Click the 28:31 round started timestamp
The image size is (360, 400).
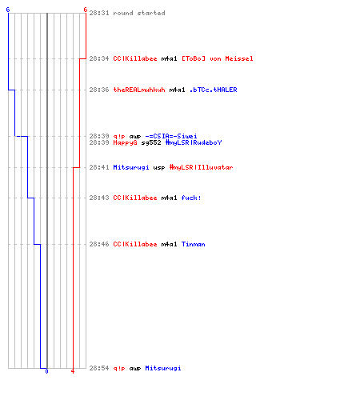pyautogui.click(x=99, y=13)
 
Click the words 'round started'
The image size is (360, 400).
pyautogui.click(x=139, y=13)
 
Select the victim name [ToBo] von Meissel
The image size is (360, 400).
pyautogui.click(x=218, y=58)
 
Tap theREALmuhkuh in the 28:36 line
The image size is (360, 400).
pyautogui.click(x=139, y=90)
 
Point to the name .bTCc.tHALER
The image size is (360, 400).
pyautogui.click(x=213, y=90)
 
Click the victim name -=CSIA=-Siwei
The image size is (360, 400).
pyautogui.click(x=171, y=136)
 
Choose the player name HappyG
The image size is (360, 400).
pyautogui.click(x=125, y=142)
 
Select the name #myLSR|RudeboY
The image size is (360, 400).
pyautogui.click(x=194, y=142)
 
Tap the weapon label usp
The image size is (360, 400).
pyautogui.click(x=159, y=167)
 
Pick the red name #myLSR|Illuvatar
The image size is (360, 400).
pyautogui.click(x=201, y=167)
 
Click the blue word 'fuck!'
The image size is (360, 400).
pyautogui.click(x=191, y=198)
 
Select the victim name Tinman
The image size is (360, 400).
pyautogui.click(x=193, y=244)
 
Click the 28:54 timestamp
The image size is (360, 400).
pyautogui.click(x=99, y=368)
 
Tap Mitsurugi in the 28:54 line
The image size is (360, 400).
pyautogui.click(x=163, y=368)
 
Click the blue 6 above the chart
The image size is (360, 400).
pyautogui.click(x=8, y=10)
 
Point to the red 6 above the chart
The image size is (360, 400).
pyautogui.click(x=86, y=10)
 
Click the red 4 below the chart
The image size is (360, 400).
pyautogui.click(x=73, y=371)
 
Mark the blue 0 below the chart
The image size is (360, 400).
pyautogui.click(x=46, y=371)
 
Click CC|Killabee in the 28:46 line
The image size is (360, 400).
pyautogui.click(x=135, y=244)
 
